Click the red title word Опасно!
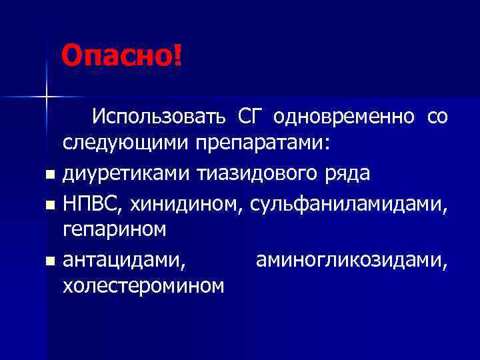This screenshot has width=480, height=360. [x=121, y=56]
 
